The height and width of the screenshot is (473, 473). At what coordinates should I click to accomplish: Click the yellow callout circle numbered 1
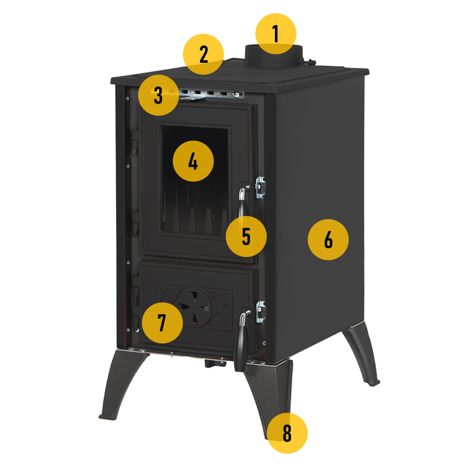(276, 33)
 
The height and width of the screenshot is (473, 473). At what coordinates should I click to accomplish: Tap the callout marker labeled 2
(204, 54)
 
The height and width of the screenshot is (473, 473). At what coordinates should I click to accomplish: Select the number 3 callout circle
(158, 95)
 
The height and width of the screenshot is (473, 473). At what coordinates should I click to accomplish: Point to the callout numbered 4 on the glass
(193, 161)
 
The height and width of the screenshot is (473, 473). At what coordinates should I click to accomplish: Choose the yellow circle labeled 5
(246, 236)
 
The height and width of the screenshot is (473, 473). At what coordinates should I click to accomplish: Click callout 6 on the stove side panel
(328, 240)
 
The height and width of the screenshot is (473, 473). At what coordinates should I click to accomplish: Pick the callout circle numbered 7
(162, 323)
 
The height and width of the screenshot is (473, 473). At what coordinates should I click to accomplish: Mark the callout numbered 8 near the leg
(287, 433)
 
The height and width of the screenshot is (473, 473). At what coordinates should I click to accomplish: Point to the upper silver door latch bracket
(260, 187)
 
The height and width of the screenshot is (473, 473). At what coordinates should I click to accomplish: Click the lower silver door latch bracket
(260, 312)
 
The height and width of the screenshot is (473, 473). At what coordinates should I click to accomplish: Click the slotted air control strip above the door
(211, 94)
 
